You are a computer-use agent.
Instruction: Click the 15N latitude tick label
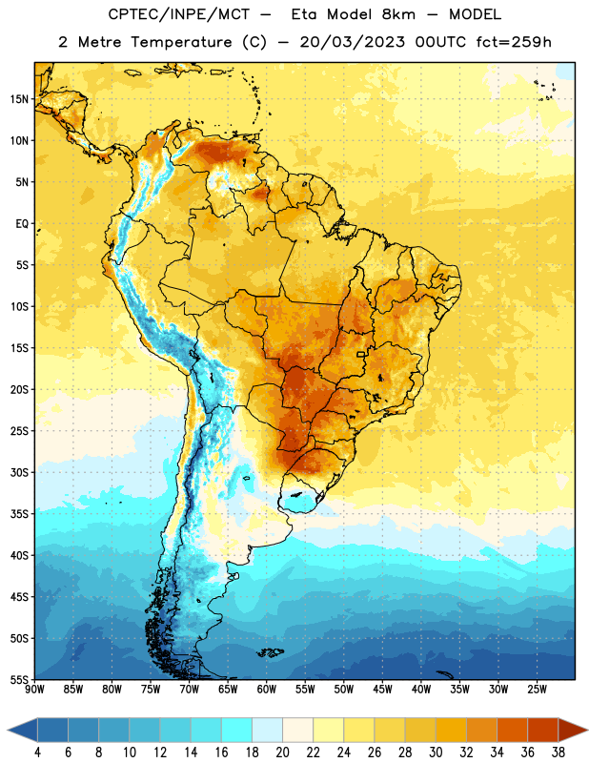19,99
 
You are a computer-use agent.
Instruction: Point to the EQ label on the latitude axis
22,224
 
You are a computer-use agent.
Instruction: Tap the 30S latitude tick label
19,472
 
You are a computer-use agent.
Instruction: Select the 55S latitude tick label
19,680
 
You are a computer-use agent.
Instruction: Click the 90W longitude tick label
34,690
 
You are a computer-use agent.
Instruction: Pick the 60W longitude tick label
267,690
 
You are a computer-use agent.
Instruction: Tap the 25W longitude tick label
537,690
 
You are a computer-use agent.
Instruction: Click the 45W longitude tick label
382,690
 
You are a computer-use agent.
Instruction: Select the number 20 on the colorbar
282,753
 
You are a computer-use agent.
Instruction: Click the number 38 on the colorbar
559,753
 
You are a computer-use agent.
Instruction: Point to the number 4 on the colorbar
37,753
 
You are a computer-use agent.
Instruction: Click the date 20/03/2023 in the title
352,42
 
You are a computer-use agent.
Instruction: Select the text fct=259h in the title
514,42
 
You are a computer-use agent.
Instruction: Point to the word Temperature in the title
181,42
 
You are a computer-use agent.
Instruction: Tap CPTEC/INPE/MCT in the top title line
178,14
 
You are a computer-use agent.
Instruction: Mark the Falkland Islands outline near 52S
270,652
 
